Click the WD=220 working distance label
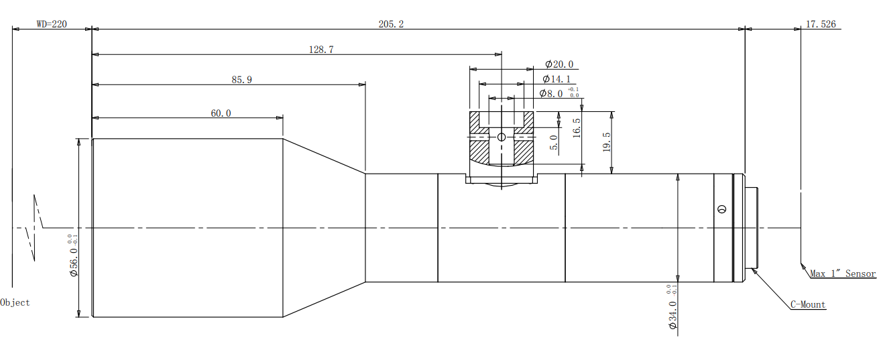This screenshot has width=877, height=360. [52, 24]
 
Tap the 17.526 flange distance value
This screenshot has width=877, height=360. [821, 24]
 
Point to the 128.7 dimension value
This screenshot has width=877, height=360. [320, 49]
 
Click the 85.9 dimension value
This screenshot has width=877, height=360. [241, 80]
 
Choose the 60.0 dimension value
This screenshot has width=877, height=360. [221, 113]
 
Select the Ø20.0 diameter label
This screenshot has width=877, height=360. [559, 64]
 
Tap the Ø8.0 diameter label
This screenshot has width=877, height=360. [551, 94]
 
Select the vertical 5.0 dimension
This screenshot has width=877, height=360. [554, 143]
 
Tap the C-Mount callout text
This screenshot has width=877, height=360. [808, 305]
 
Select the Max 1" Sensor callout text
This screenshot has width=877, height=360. [843, 274]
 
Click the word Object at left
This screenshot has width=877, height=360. [15, 302]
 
